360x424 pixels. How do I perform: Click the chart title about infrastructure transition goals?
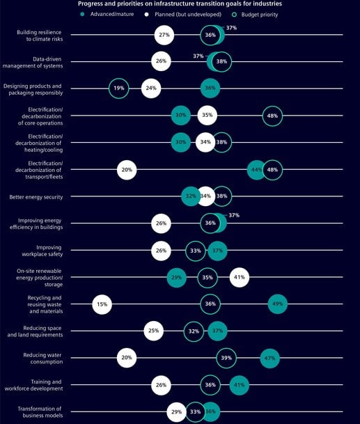[x=180, y=4]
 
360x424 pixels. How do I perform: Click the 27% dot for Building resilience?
[x=164, y=35]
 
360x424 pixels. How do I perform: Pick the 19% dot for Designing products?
[x=119, y=88]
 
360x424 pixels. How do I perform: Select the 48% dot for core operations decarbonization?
[x=272, y=116]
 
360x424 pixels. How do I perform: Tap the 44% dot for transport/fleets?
[x=257, y=170]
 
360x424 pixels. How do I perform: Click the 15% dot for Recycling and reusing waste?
[x=102, y=304]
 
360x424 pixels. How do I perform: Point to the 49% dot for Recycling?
[x=277, y=304]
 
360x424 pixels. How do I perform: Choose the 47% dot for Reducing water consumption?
[x=269, y=359]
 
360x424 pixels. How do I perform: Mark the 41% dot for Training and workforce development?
[x=239, y=385]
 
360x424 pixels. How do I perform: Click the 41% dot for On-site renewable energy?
[x=239, y=278]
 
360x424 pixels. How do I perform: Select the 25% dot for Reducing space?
[x=154, y=331]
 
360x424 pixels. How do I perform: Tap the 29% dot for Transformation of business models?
[x=177, y=412]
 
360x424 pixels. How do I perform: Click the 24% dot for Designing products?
[x=151, y=88]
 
